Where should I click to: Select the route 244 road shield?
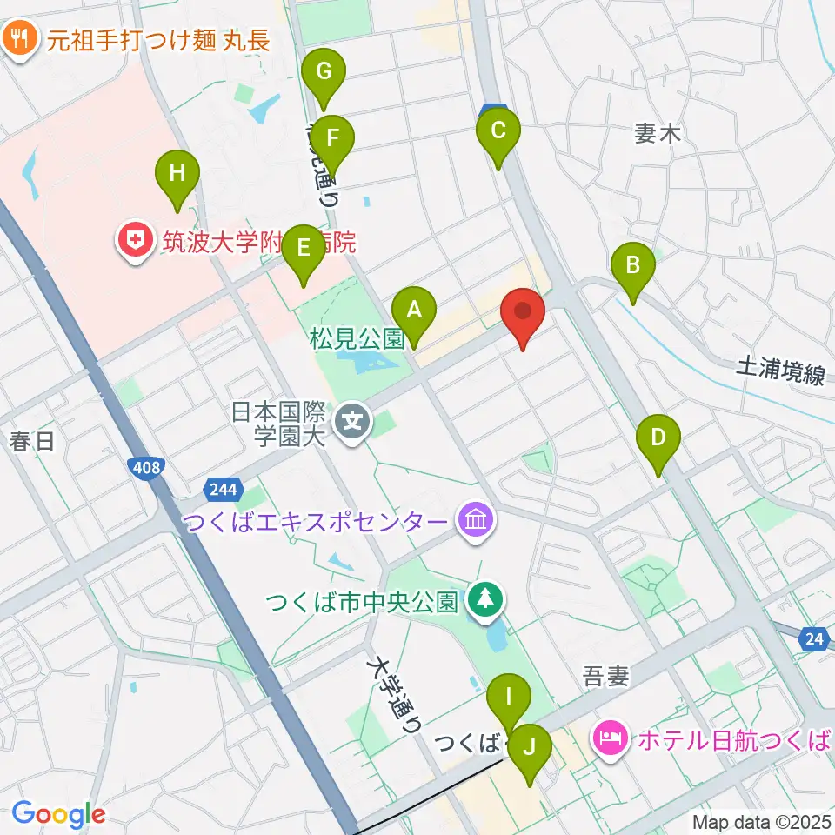pyautogui.click(x=223, y=490)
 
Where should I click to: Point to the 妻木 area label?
pyautogui.click(x=656, y=133)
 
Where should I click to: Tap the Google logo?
pyautogui.click(x=58, y=814)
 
